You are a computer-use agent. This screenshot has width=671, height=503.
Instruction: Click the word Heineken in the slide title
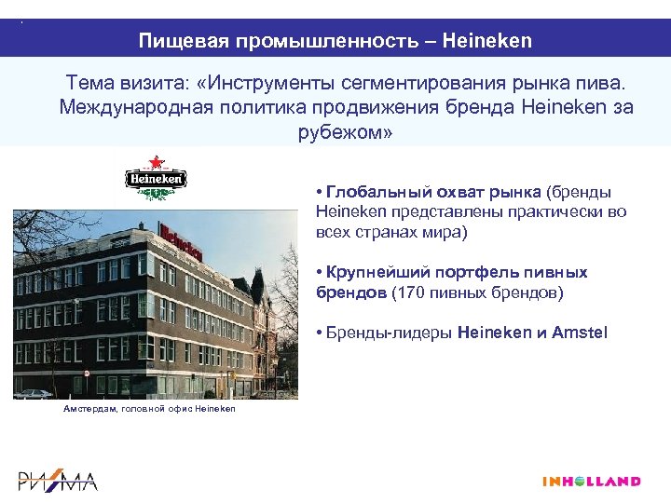487,41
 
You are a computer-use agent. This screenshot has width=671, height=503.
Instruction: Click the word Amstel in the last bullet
579,332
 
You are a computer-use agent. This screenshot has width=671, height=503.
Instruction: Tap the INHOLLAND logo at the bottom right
591,482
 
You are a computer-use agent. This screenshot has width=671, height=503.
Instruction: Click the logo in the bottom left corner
58,480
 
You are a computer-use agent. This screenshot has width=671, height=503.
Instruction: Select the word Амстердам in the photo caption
89,410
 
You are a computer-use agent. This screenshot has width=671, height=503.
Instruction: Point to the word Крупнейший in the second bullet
377,272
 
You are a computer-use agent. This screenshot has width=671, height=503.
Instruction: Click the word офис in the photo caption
185,410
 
